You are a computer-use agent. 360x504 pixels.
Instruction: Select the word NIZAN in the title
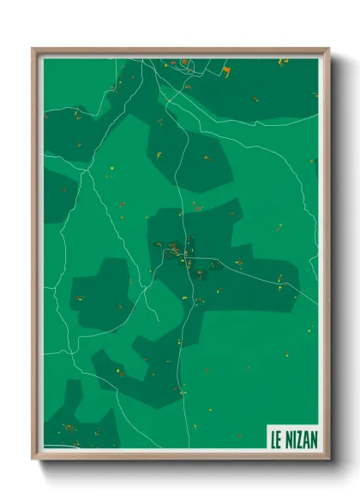click(x=299, y=437)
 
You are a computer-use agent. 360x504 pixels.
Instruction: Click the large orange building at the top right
click(x=226, y=70)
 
